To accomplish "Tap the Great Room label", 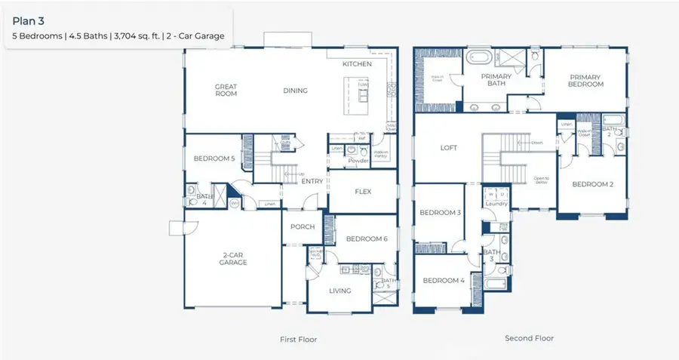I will click(x=226, y=91).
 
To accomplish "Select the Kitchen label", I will click(x=357, y=64).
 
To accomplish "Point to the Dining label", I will click(x=295, y=91).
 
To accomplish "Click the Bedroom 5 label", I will click(x=214, y=158).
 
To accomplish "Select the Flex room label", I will click(x=363, y=191).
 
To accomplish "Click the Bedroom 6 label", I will click(x=366, y=239).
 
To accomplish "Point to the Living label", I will click(x=339, y=290).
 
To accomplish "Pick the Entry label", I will click(x=312, y=181).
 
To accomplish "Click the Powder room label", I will click(x=358, y=161).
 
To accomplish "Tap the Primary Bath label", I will click(x=496, y=80).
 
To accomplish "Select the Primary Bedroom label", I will click(x=586, y=80).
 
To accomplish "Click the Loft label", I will click(x=449, y=148).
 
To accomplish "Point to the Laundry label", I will click(x=496, y=203).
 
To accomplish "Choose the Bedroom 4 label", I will click(x=443, y=280).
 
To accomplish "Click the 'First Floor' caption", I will click(x=298, y=340).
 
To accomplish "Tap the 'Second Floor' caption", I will click(x=529, y=338).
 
